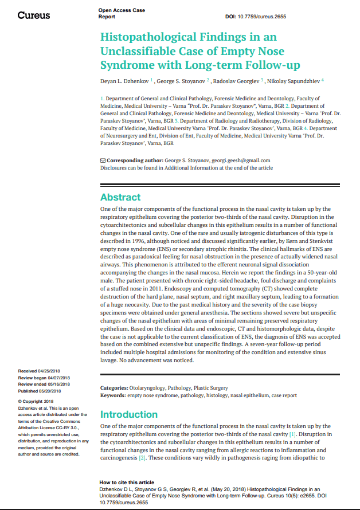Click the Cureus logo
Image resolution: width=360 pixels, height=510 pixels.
pos(34,15)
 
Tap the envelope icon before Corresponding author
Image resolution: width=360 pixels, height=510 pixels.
pos(103,160)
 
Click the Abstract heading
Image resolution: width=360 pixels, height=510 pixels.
pos(120,197)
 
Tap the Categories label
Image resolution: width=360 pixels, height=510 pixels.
pos(114,389)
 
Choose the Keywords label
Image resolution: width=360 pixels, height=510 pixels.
pos(112,395)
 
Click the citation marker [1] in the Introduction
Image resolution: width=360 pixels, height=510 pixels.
pos(293,434)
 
